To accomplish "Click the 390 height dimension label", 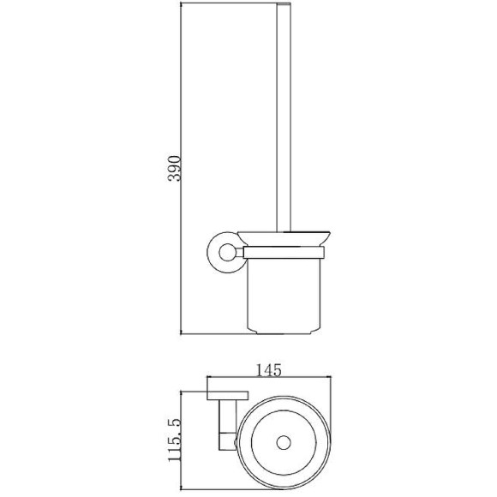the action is pyautogui.click(x=174, y=168).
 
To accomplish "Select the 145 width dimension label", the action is pyautogui.click(x=268, y=370).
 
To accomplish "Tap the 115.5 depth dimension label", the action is pyautogui.click(x=174, y=440).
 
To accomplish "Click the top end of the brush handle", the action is pyautogui.click(x=284, y=3).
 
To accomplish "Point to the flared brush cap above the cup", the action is pyautogui.click(x=284, y=238).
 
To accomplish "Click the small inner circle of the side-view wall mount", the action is pyautogui.click(x=227, y=252).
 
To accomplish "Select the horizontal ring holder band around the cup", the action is pyautogui.click(x=284, y=253).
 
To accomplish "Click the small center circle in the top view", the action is pyautogui.click(x=284, y=442).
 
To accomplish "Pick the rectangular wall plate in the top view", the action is pyautogui.click(x=228, y=396).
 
